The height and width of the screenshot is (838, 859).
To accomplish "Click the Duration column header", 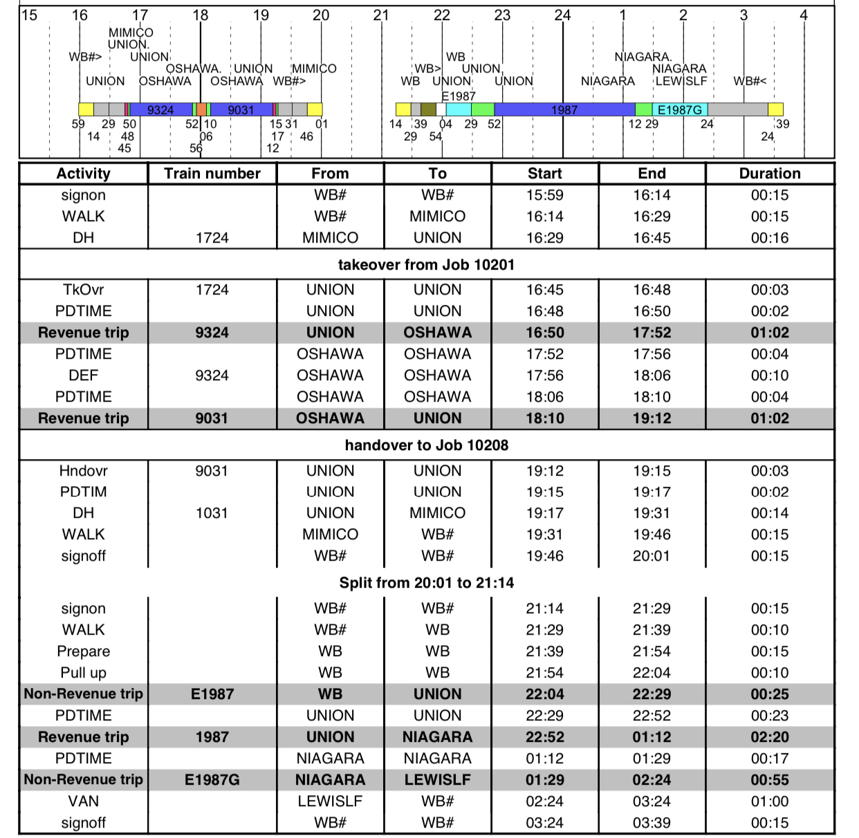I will click(769, 174).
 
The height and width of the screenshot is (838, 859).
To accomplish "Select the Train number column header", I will click(212, 174).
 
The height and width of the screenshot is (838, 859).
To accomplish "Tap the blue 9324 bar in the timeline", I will click(160, 110).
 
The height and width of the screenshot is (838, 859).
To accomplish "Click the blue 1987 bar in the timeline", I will click(564, 110).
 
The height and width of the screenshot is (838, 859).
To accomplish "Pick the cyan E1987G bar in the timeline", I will click(679, 110).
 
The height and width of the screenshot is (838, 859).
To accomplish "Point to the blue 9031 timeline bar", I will click(241, 110).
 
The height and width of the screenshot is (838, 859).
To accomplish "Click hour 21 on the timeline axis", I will click(381, 15).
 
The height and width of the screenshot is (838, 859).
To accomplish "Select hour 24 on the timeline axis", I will click(562, 15).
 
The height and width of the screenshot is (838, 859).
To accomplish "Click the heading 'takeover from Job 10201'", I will click(426, 265).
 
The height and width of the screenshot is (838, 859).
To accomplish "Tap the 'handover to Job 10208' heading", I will click(426, 445).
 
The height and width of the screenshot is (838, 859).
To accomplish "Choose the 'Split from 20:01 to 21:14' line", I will click(426, 583).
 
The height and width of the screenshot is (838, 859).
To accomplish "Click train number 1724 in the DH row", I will click(212, 238).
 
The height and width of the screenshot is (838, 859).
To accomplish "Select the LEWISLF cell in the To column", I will click(437, 780).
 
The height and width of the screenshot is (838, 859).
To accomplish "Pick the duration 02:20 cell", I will click(769, 737).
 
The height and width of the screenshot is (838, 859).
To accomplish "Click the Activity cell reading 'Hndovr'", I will click(83, 471).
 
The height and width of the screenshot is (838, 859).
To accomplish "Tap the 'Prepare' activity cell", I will click(83, 651).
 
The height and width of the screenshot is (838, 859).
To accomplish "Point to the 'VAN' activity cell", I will click(83, 801).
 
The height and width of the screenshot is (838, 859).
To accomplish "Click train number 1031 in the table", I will click(212, 513).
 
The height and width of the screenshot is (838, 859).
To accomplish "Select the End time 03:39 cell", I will click(652, 823).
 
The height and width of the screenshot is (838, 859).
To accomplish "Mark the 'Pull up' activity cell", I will click(83, 673).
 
